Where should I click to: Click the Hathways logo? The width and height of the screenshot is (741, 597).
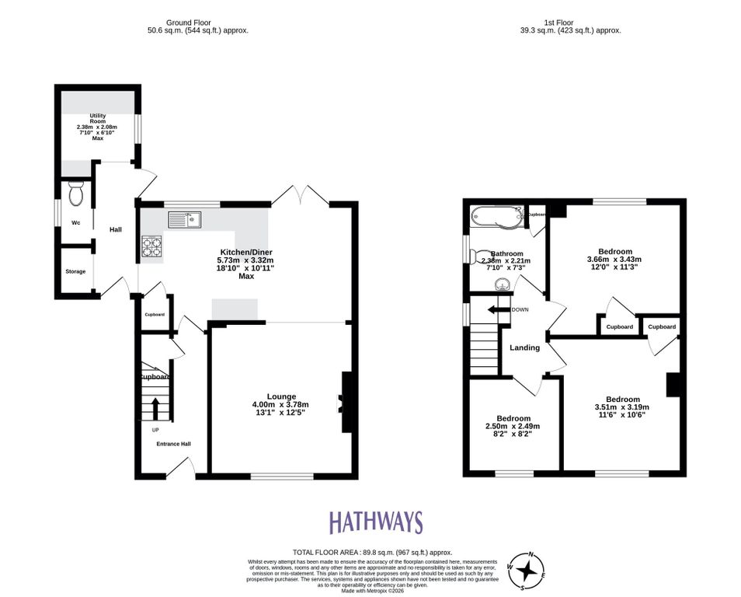point(375,522)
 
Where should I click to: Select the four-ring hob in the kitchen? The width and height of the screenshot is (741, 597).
point(151,246)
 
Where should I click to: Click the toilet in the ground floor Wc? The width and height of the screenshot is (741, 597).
point(75,194)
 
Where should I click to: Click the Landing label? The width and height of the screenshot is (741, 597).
point(524,347)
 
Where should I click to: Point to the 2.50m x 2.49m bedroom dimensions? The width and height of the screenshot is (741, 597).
point(513,426)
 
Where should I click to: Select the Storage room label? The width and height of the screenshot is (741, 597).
point(75,272)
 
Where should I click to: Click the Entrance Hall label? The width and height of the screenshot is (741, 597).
point(173,444)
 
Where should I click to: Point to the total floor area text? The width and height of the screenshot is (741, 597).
point(371,552)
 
